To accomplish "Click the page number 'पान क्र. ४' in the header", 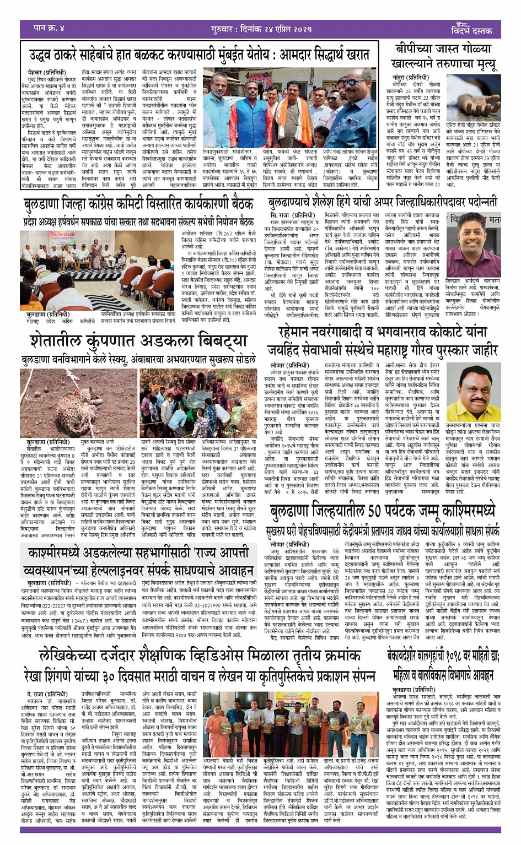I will (x=49, y=28).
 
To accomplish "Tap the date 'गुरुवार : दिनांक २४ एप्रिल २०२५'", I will (x=261, y=29).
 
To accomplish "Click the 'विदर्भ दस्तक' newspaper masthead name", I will (x=471, y=31).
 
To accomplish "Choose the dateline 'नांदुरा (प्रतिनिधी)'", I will (x=410, y=78).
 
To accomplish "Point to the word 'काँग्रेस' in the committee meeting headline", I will (x=105, y=204).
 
